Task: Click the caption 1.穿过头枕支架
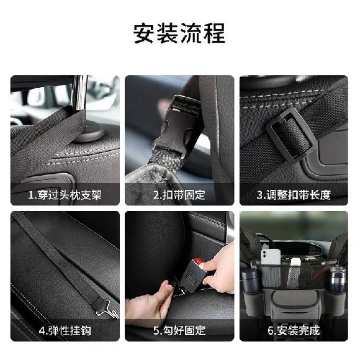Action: coord(65,194)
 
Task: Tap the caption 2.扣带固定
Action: coord(179,194)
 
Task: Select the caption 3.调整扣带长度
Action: coord(294,194)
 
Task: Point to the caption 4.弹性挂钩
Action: coord(65,330)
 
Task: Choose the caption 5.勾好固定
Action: coord(179,330)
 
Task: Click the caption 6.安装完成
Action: coord(294,330)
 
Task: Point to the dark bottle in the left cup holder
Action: coord(250,282)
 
